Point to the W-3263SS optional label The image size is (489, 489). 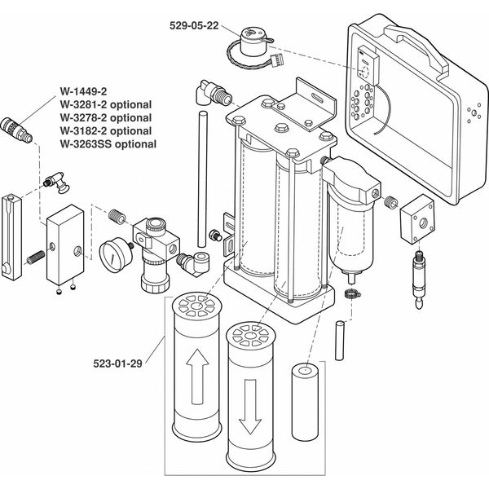108,144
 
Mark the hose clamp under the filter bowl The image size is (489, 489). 351,294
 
